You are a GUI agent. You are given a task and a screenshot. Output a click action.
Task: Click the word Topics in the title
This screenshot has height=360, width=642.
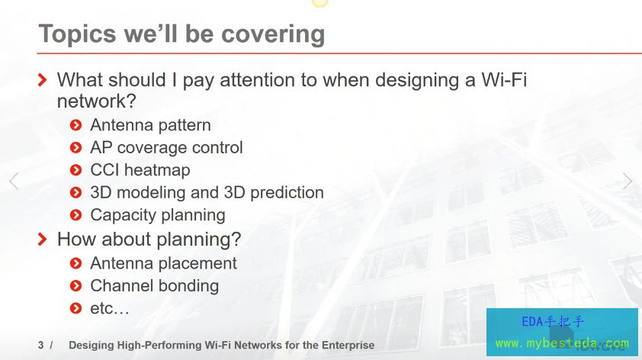coord(77,34)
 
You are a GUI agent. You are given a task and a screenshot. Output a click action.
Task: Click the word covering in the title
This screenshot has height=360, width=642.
coord(273,34)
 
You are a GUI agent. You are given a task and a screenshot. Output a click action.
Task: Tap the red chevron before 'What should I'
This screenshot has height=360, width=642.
coord(42,79)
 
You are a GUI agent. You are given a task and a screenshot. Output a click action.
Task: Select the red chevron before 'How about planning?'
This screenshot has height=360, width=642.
coord(42,239)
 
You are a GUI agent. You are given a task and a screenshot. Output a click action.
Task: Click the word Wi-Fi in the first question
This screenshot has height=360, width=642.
coord(503,79)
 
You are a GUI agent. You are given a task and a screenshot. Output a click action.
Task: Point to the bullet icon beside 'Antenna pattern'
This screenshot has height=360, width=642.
coord(75,125)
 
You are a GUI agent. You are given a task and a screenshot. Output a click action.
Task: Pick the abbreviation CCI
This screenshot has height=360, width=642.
coord(104,170)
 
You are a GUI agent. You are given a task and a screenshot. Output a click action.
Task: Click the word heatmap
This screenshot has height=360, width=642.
coord(157,170)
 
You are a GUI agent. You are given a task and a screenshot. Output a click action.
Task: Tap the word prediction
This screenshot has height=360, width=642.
coord(287,192)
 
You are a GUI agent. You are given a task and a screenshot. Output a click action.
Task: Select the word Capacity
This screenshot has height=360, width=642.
coord(120,215)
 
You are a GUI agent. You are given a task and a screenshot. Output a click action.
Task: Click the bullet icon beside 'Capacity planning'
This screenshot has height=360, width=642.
coord(75,215)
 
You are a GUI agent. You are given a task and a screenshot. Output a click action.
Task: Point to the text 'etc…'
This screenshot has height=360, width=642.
coord(109,308)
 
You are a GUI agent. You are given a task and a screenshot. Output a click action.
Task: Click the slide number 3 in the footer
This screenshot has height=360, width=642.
coord(41,346)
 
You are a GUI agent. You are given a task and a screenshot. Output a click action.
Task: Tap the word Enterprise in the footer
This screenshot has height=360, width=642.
coord(348,346)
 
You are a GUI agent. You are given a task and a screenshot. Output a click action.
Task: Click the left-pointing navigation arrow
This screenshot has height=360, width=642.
coord(14,181)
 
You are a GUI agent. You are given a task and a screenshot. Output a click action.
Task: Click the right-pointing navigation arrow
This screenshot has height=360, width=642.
coord(628,181)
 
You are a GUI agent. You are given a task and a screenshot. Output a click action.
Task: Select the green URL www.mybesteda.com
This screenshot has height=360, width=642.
coord(562,342)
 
